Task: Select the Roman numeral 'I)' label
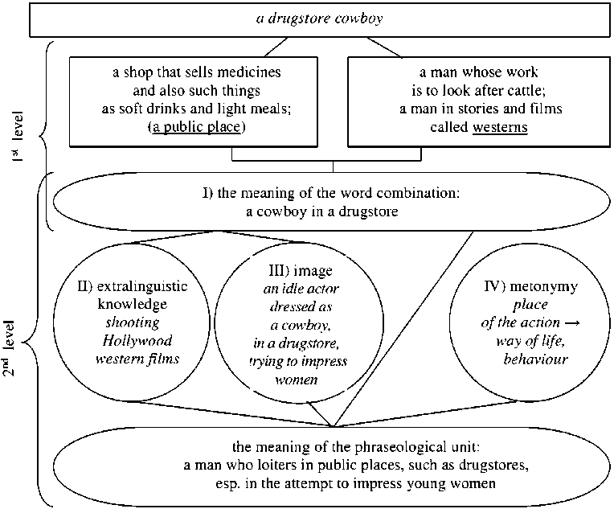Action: tap(206, 195)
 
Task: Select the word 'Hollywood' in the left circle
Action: tap(133, 340)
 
